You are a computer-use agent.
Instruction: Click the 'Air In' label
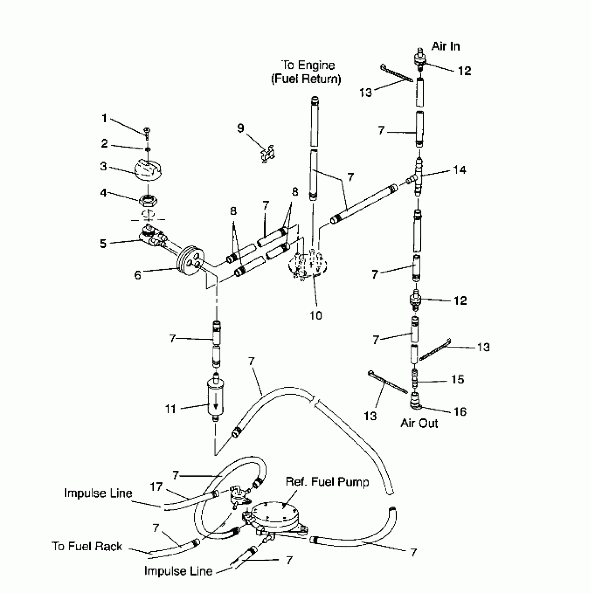(x=445, y=46)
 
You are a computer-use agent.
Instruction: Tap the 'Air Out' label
(x=419, y=423)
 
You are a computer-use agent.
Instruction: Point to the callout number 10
(x=316, y=315)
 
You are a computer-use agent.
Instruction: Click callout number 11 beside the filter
(x=170, y=409)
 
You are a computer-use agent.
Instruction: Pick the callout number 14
(x=459, y=170)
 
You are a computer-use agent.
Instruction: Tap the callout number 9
(x=241, y=128)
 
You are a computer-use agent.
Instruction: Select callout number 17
(x=156, y=487)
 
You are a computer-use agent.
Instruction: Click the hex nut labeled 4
(x=149, y=200)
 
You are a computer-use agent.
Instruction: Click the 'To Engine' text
(x=308, y=65)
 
